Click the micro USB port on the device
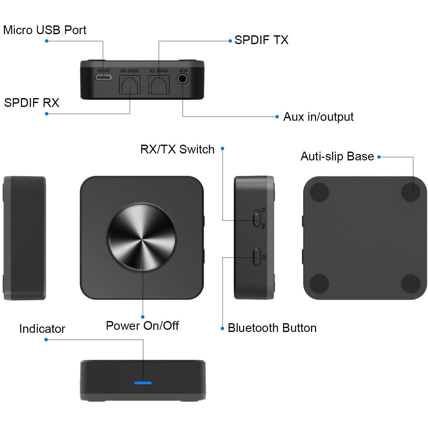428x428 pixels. coord(103,77)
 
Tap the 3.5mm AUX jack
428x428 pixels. coord(182,79)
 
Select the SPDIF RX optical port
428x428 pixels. coord(130,85)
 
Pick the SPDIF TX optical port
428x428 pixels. coord(159,85)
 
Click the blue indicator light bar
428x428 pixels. coord(143,383)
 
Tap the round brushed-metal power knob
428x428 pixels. coord(142,237)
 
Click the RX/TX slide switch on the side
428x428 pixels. coord(257,220)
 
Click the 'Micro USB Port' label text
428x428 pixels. coord(45,30)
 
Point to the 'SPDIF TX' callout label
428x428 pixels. coord(261,40)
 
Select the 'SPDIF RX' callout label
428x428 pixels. coord(31,103)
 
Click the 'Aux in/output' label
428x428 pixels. coord(318,117)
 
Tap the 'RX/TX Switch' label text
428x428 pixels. coord(177,149)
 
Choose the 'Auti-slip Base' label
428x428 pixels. coord(337,156)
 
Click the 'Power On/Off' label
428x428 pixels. coord(142,326)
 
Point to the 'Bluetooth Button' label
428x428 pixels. coord(272,328)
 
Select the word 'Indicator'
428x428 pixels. coord(42,329)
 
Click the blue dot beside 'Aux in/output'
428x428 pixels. coord(277,117)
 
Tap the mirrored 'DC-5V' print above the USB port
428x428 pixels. coord(103,70)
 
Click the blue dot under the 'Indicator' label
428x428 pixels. coord(46,340)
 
